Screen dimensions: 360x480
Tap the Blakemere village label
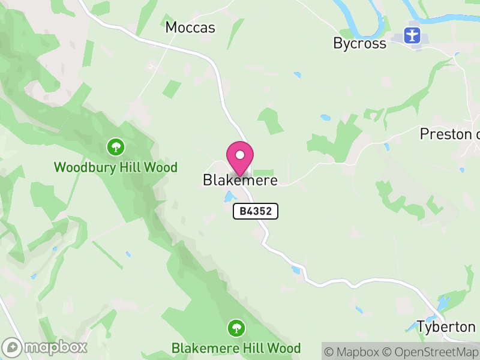(240, 180)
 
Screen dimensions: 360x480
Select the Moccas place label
(190, 28)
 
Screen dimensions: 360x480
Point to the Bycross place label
(359, 43)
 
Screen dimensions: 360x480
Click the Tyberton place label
(446, 327)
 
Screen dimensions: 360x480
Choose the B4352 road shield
(256, 211)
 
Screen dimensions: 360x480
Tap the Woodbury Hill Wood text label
(116, 167)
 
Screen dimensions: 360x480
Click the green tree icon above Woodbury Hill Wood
(115, 146)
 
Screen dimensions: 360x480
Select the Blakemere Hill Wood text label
(236, 348)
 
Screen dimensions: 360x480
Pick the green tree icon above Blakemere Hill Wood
(236, 328)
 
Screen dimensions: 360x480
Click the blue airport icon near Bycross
(412, 35)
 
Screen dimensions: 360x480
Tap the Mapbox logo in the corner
(45, 347)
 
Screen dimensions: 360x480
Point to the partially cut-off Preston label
(449, 134)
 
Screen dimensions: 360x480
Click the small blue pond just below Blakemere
(229, 196)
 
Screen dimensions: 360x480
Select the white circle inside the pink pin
(240, 155)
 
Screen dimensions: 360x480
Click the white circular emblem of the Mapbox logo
(12, 347)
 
